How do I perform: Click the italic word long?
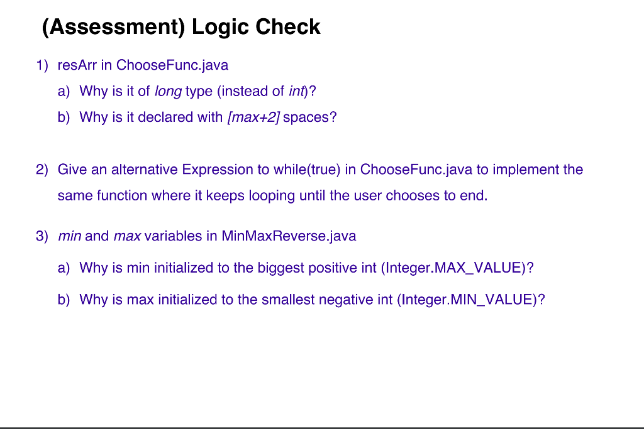(x=168, y=91)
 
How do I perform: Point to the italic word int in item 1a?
(x=296, y=91)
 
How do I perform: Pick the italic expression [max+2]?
(x=253, y=117)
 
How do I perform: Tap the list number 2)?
(x=42, y=170)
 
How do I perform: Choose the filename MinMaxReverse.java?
(x=289, y=236)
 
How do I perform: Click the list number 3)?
(x=42, y=236)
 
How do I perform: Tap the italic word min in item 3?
(x=69, y=236)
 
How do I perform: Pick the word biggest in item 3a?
(x=280, y=268)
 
